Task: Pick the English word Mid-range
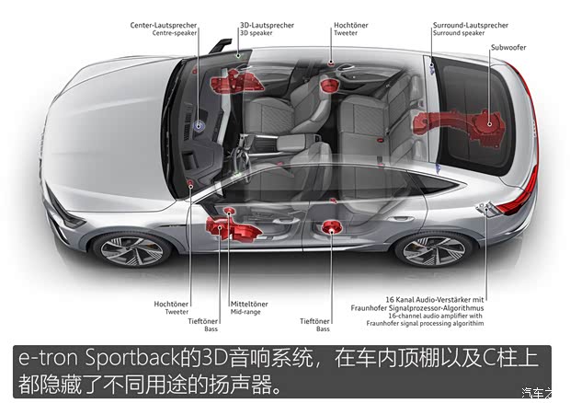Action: coord(245,311)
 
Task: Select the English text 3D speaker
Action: coord(256,33)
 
